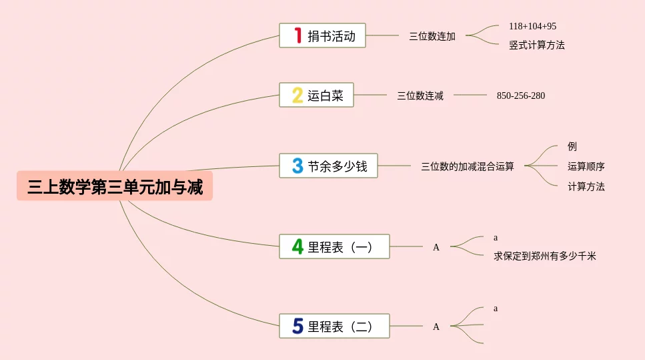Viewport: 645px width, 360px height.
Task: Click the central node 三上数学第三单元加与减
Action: pos(115,186)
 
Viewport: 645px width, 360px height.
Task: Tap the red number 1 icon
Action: pos(297,36)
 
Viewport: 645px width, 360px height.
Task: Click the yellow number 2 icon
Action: pos(297,96)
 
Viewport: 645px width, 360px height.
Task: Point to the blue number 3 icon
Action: pos(297,166)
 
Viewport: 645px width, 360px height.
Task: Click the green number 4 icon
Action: pos(297,247)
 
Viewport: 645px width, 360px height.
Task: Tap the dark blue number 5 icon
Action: pos(297,327)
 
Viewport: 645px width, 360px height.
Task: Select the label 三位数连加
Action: pos(432,37)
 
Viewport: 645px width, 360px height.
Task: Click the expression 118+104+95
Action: pos(532,27)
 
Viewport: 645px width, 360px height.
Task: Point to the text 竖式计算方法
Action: pos(537,45)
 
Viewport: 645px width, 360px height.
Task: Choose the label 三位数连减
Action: pos(420,96)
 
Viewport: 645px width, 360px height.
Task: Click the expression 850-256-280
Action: pos(520,96)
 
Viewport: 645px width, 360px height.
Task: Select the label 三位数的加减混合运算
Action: pos(468,166)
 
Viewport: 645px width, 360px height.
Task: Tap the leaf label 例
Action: pos(572,147)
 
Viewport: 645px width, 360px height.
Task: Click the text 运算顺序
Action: pos(586,166)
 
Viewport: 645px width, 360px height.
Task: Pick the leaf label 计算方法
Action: pos(586,187)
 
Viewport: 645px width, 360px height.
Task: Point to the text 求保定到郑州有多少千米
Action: pos(544,256)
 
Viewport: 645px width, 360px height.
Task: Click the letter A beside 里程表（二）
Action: pos(436,327)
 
